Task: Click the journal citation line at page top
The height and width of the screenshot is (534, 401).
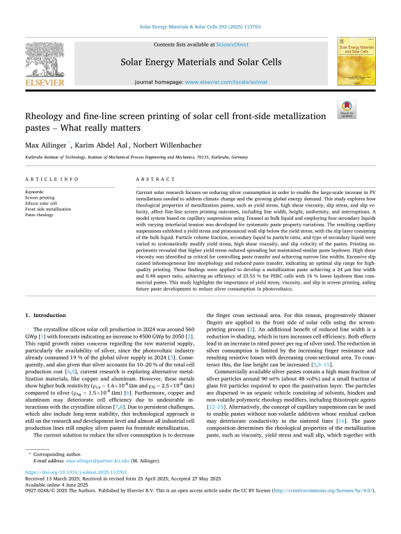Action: tap(200, 29)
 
